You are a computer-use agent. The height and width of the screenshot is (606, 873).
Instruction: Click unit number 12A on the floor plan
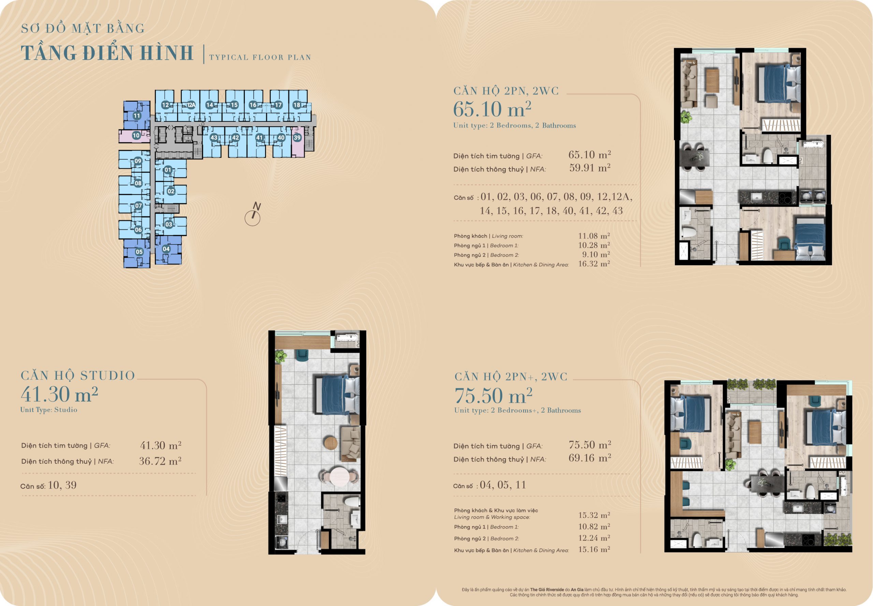point(191,105)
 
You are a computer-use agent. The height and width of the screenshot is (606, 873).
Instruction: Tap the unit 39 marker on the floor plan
point(297,138)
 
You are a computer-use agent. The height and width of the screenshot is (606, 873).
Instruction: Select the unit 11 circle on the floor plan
point(137,116)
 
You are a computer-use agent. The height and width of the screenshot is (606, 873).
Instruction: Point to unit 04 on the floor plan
point(166,249)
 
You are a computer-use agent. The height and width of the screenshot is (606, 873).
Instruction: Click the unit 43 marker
point(214,138)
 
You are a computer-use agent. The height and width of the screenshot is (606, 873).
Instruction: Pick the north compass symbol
point(253,215)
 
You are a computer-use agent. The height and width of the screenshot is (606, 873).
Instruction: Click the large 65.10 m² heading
point(492,109)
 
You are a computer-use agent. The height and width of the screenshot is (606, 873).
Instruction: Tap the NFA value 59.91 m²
point(590,168)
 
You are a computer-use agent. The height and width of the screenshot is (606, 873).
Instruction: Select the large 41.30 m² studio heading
point(59,394)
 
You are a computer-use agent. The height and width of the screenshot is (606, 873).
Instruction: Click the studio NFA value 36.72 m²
point(160,461)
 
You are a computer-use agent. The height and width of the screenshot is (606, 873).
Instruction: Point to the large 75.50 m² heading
point(493,396)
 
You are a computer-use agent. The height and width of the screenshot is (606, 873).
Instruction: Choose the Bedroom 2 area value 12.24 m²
point(594,538)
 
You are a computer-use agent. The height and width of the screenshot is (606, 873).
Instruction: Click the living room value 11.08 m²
point(594,236)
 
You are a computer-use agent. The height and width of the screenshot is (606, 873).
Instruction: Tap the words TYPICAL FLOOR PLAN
point(260,57)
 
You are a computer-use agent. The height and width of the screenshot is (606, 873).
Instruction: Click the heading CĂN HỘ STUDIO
point(78,376)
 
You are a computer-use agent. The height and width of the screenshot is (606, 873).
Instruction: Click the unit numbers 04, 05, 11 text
point(503,485)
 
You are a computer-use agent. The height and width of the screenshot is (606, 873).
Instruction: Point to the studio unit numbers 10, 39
point(62,485)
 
